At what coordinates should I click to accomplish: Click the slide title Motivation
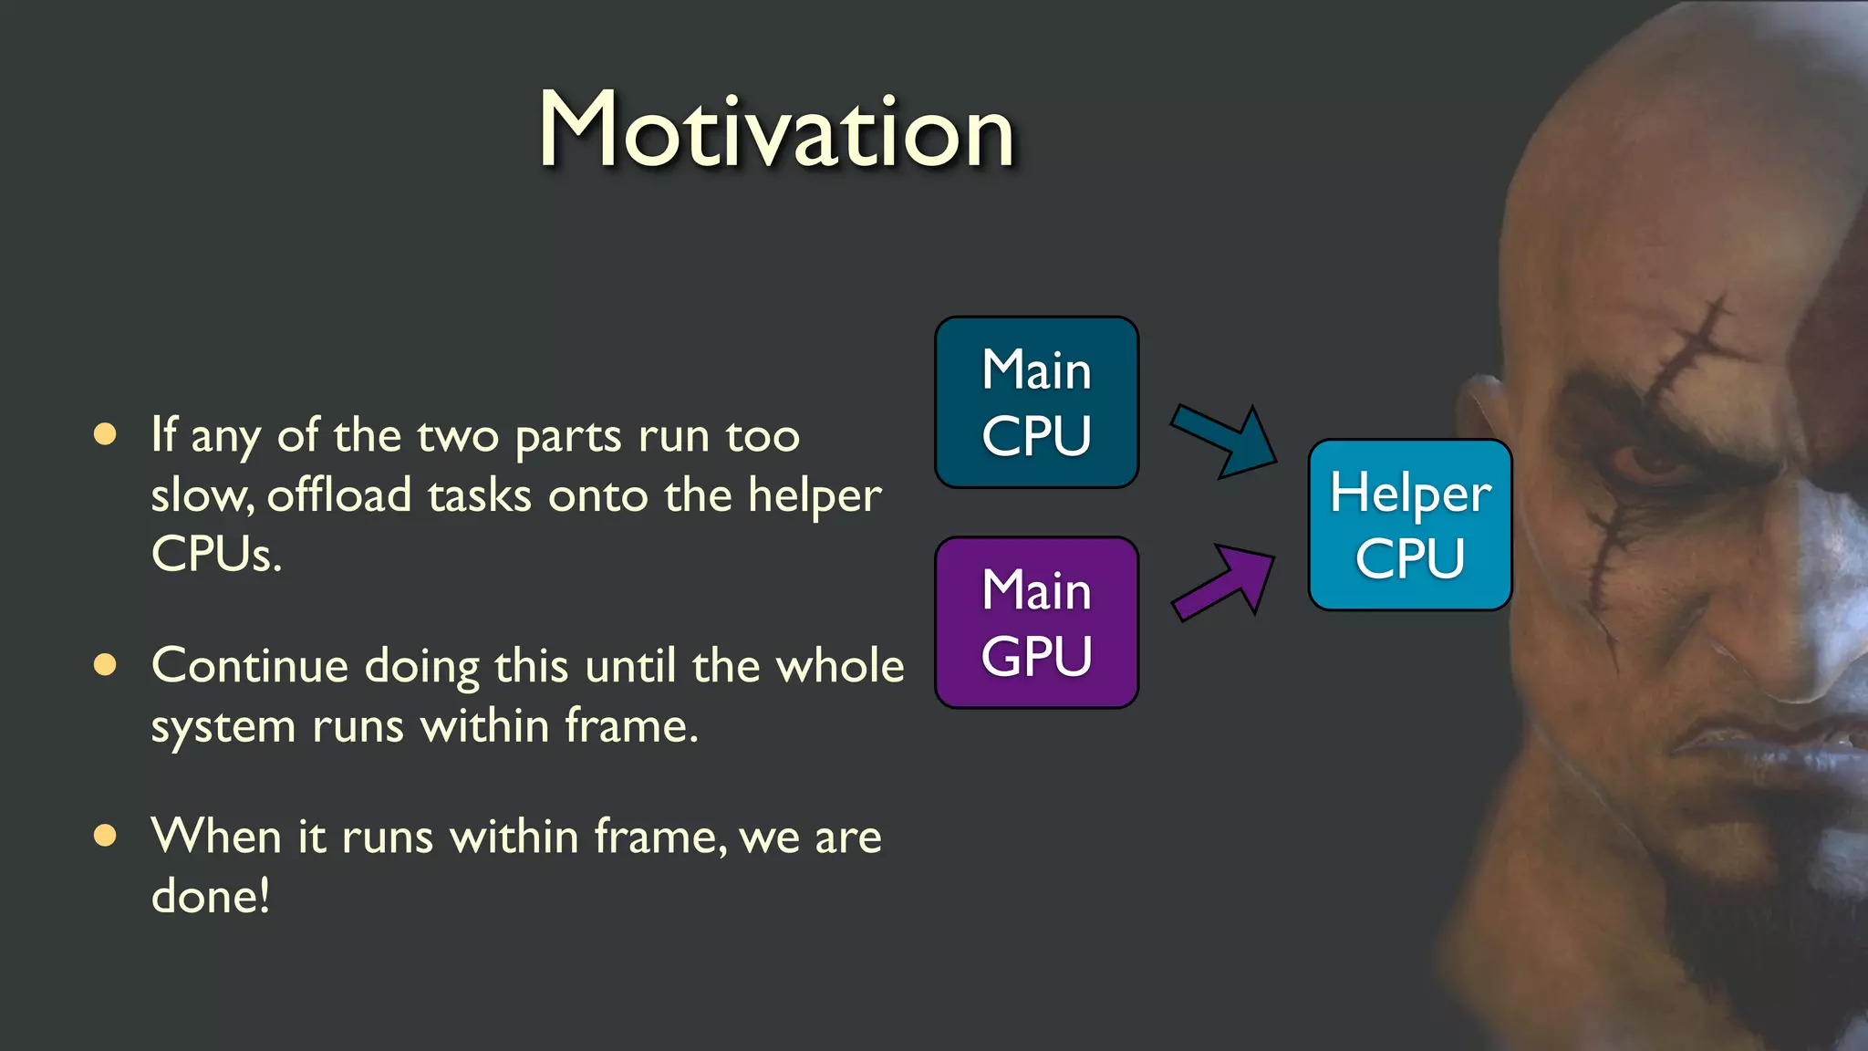776,130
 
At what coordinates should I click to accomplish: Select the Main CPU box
1036,402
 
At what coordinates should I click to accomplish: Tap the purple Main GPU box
1036,622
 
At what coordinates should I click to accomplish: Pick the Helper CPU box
1409,525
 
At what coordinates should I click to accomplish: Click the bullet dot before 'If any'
106,434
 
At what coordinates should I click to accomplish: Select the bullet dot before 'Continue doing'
106,665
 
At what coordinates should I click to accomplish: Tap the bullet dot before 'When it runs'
106,835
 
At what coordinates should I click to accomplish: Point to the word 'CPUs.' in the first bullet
216,554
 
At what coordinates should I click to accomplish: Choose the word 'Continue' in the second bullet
250,665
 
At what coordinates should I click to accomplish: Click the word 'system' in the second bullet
223,727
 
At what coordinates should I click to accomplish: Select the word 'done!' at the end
211,896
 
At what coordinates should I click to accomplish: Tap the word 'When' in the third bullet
217,836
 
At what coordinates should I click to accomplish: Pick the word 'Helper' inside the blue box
1410,494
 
